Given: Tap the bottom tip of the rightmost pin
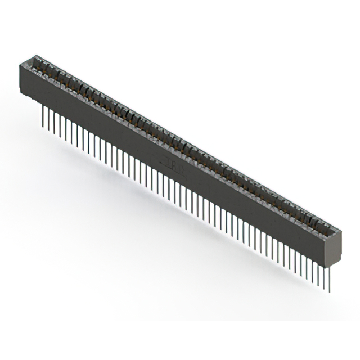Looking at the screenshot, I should coord(330,291).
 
